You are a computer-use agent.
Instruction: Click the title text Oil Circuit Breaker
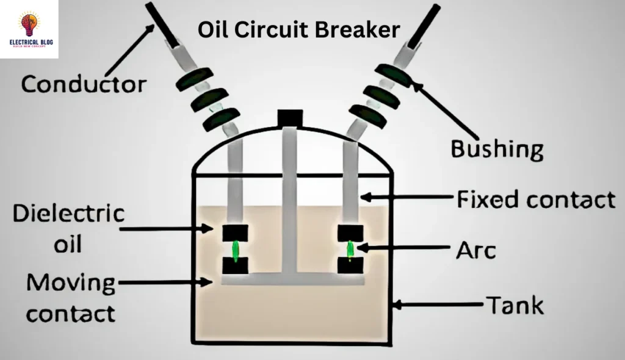(299, 29)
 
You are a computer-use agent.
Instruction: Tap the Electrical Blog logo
(29, 29)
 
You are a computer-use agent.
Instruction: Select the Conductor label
(84, 84)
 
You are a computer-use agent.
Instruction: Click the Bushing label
(496, 148)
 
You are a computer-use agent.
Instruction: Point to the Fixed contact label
(535, 199)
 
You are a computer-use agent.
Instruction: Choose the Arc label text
(477, 250)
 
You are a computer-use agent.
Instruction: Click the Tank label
(513, 304)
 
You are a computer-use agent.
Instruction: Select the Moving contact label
(71, 298)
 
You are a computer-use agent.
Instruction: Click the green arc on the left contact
(235, 249)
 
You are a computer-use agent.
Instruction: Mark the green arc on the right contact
(351, 249)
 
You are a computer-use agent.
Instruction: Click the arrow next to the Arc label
(403, 248)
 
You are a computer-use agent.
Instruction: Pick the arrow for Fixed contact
(409, 197)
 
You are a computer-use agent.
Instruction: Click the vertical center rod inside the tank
(289, 201)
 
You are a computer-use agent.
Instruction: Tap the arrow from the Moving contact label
(165, 282)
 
